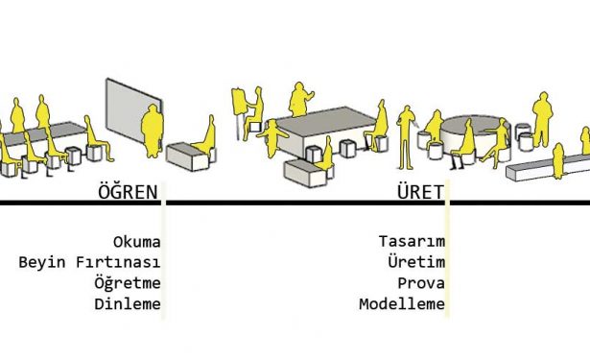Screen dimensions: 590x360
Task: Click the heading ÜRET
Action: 421,191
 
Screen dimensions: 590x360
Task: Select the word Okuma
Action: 136,242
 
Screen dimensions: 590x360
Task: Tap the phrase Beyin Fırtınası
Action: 89,262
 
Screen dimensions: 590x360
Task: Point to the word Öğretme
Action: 128,282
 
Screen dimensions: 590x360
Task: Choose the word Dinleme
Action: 128,304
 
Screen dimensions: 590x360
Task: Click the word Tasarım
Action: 412,241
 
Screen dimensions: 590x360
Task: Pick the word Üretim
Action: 416,261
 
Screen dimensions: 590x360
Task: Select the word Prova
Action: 421,283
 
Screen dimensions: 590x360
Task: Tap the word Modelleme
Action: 402,304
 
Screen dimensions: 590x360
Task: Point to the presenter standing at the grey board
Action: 153,131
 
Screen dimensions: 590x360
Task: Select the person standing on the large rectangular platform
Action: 299,100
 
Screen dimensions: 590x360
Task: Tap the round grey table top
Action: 475,123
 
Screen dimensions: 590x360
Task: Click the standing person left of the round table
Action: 406,138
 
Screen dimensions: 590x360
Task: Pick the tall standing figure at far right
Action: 542,119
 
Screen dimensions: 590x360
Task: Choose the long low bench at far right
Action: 546,168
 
